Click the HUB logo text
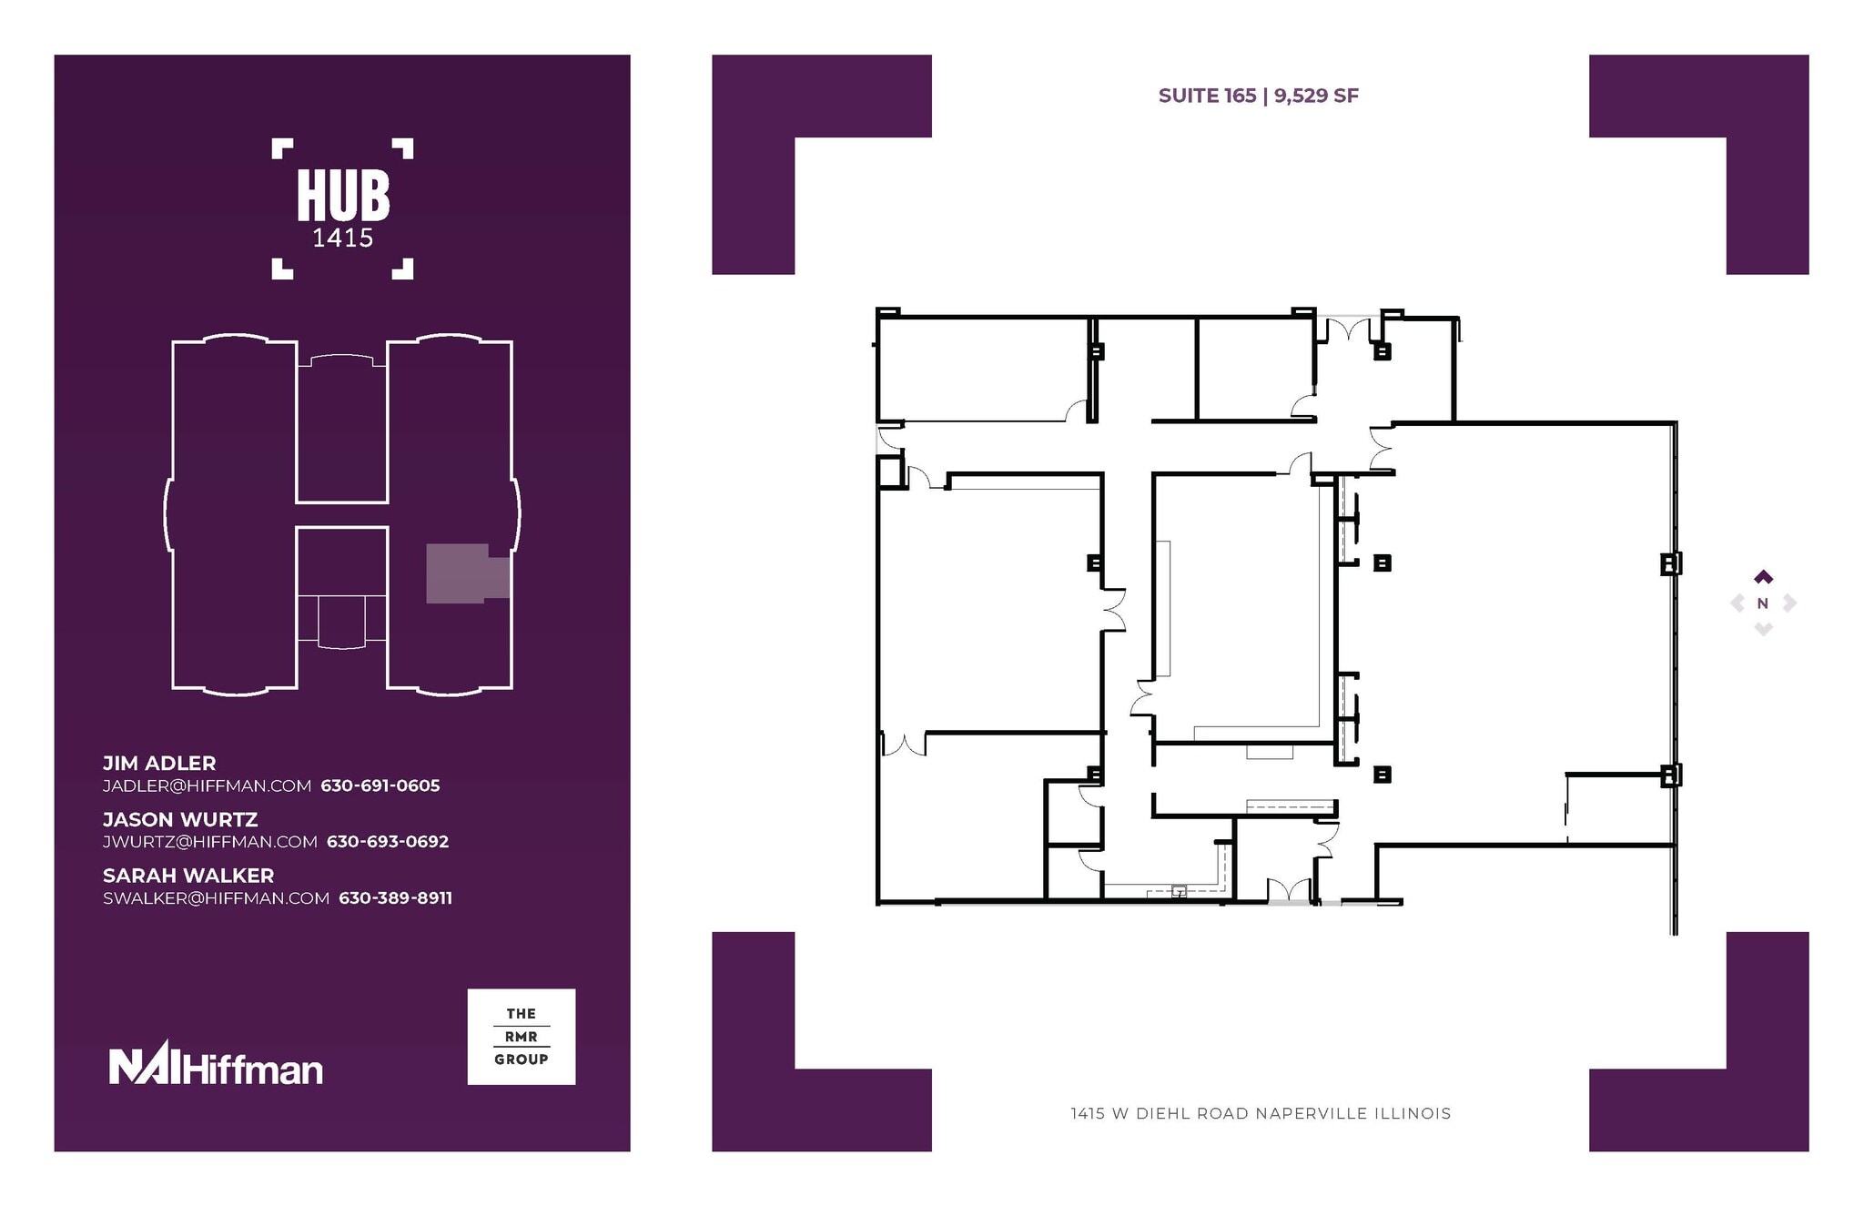tap(343, 197)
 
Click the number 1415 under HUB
tap(343, 238)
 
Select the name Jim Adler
tap(159, 764)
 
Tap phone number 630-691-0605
tap(380, 785)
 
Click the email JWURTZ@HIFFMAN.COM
tap(209, 842)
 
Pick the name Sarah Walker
tap(188, 876)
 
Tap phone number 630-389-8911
tap(395, 898)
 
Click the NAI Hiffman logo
tap(216, 1065)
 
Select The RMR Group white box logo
tap(521, 1037)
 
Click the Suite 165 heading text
tap(1207, 96)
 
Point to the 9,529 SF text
tap(1316, 96)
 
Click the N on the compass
tap(1762, 603)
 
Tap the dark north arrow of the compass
tap(1763, 577)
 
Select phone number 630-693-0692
tap(388, 842)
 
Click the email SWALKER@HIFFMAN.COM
tap(216, 898)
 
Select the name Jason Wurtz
tap(180, 820)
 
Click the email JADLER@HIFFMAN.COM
tap(207, 785)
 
